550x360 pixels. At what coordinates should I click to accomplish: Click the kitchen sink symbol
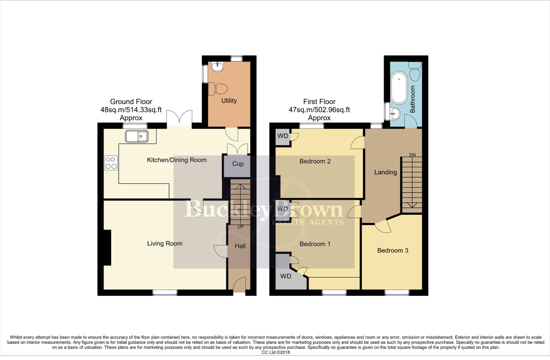tap(137, 136)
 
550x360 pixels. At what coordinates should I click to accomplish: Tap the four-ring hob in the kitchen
tap(111, 163)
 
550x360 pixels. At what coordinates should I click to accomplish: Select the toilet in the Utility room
tap(218, 89)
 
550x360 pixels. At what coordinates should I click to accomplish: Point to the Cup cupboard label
tap(238, 164)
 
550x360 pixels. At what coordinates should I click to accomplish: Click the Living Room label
tap(165, 244)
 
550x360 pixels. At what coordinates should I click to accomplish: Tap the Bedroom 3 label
tap(393, 250)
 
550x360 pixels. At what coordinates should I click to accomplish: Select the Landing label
tap(386, 172)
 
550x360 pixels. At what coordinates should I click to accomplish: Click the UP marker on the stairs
tap(240, 227)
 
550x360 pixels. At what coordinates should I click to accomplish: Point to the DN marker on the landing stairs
tap(413, 155)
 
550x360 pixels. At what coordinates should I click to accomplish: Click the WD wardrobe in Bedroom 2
tap(283, 136)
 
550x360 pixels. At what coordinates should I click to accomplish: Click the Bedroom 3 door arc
tap(383, 227)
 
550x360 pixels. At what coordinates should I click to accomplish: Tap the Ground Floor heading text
tap(131, 102)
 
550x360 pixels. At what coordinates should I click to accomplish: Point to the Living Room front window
tap(165, 292)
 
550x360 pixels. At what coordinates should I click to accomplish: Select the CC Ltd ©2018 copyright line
tap(276, 352)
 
